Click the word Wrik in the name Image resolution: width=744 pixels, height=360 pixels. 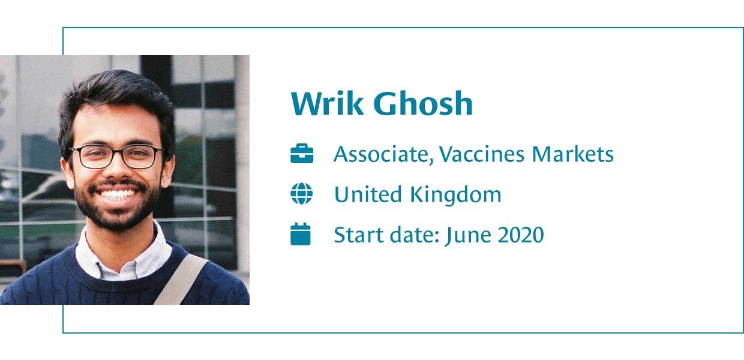[x=327, y=103]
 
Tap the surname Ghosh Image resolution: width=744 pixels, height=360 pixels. [x=423, y=103]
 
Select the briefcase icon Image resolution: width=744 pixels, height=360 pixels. [x=302, y=154]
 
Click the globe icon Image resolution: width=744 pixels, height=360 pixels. [x=302, y=194]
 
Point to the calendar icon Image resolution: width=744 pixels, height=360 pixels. [x=301, y=234]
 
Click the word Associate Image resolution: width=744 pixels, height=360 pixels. [x=383, y=154]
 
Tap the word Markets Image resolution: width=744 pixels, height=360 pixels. [x=572, y=154]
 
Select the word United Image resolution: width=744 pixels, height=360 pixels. [x=368, y=194]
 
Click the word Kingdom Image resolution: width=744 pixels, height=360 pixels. [x=456, y=195]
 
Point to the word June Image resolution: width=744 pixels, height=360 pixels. [x=469, y=235]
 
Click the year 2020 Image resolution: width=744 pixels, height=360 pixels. [x=521, y=235]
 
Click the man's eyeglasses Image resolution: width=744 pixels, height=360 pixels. [x=116, y=157]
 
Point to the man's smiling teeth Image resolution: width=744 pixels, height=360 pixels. [x=118, y=194]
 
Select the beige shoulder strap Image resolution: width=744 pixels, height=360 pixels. [x=181, y=280]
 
